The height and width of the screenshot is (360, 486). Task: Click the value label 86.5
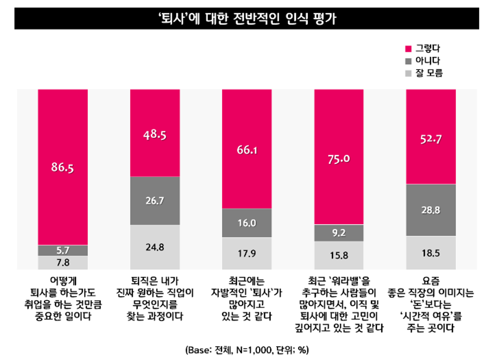(x=63, y=168)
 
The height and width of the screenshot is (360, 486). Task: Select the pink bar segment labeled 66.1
(x=247, y=148)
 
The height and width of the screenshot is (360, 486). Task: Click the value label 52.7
(x=431, y=139)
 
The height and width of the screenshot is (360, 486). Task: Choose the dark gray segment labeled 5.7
(x=63, y=250)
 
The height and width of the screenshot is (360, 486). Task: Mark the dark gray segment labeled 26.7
(x=155, y=201)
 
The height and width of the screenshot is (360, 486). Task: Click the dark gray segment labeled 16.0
(x=247, y=223)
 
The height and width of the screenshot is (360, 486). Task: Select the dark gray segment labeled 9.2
(x=339, y=232)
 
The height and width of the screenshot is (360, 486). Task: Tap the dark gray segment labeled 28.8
(x=431, y=210)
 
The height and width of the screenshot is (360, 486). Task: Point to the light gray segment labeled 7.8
(x=63, y=262)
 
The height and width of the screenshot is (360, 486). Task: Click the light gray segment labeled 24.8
(x=155, y=247)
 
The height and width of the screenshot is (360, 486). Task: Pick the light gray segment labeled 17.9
(x=247, y=253)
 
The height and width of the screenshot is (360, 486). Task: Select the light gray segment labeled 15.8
(x=339, y=255)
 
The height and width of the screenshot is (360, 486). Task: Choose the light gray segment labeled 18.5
(x=431, y=253)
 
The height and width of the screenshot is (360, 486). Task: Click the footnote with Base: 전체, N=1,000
(x=243, y=349)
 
